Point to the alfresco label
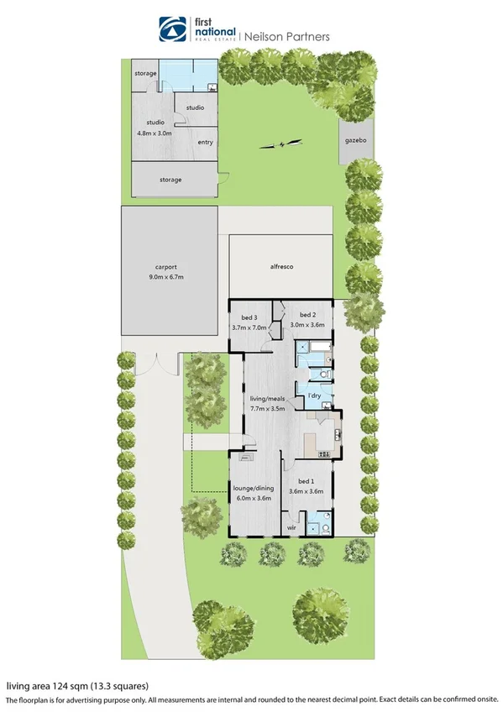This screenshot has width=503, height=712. [x=280, y=266]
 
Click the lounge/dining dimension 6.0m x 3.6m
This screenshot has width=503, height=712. [x=252, y=497]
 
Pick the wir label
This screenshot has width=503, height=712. [x=291, y=527]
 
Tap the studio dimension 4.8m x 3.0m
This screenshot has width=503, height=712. [x=154, y=133]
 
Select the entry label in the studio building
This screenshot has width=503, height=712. [x=205, y=142]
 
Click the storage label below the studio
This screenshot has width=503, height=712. [x=170, y=180]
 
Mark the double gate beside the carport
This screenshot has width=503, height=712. [x=156, y=366]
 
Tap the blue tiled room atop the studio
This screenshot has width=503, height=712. [x=187, y=74]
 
